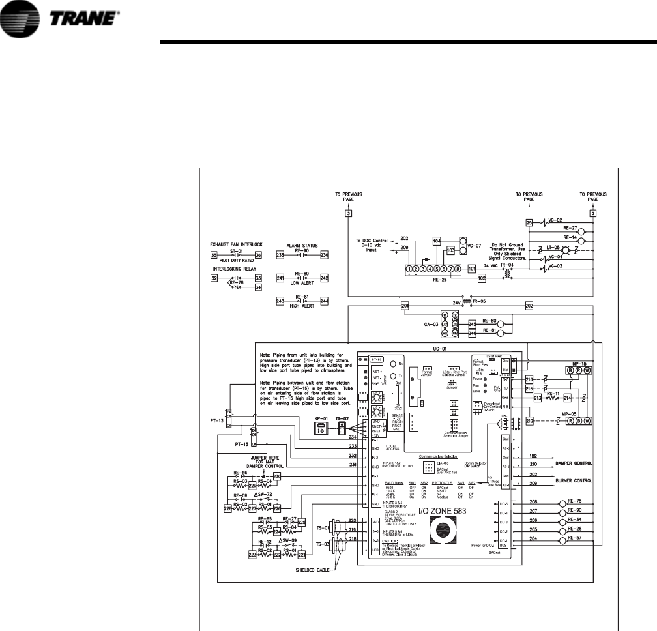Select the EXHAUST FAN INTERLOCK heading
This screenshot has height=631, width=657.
[237, 247]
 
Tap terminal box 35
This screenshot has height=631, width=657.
[213, 255]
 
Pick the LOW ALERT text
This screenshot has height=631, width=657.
[301, 283]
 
